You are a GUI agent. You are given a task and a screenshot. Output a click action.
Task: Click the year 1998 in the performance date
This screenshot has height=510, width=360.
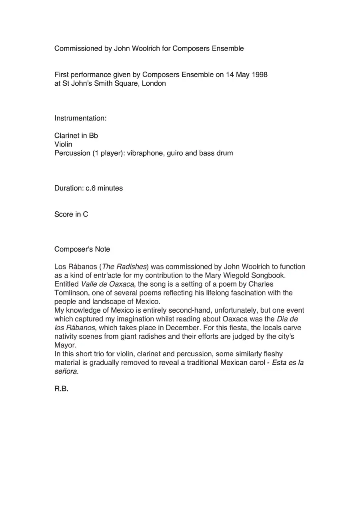pos(260,75)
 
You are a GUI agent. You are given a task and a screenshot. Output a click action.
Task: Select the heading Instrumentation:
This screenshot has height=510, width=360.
pos(80,118)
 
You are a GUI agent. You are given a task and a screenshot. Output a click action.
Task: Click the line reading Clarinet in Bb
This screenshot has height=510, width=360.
pos(76,136)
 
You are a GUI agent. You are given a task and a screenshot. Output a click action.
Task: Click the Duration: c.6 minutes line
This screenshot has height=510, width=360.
pos(88,188)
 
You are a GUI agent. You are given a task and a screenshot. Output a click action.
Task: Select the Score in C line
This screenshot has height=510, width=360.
pos(71,215)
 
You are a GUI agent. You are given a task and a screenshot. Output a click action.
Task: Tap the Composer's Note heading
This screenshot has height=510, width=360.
pos(82,249)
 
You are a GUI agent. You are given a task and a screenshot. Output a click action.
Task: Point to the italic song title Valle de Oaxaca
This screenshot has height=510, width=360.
pos(107,284)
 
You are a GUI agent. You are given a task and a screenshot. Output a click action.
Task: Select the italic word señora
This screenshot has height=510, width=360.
pos(65,371)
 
